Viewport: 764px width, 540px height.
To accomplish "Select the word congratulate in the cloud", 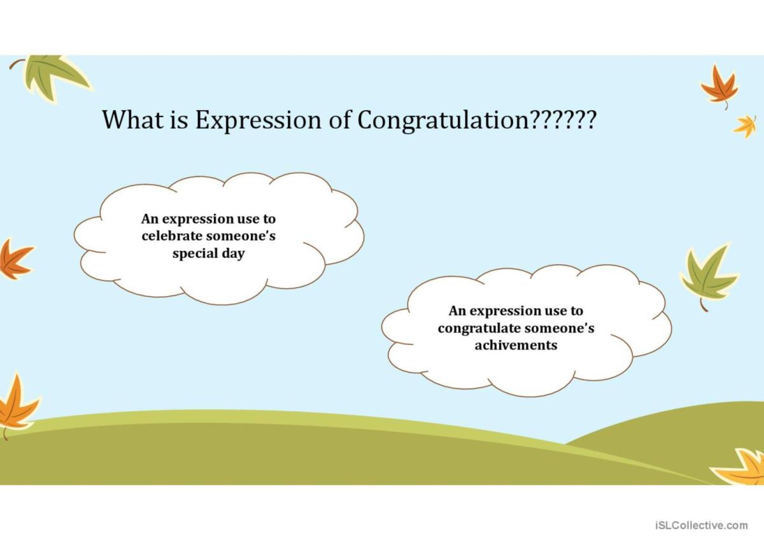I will pyautogui.click(x=478, y=329).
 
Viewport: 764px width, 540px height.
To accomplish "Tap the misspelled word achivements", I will pyautogui.click(x=516, y=345).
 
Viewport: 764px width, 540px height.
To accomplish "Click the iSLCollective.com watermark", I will pyautogui.click(x=700, y=525).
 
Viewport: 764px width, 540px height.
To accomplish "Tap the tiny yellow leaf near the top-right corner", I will pyautogui.click(x=745, y=125).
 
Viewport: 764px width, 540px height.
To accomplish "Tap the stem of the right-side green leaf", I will pyautogui.click(x=703, y=305).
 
